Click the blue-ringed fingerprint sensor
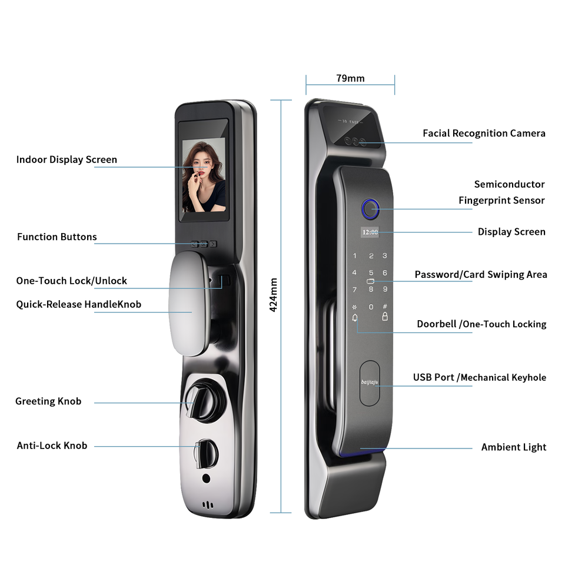pos(370,208)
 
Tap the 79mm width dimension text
pos(350,78)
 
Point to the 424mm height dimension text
pos(273,295)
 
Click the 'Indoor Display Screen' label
pos(67,159)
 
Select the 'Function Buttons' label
pos(56,237)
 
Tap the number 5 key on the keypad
pos(371,273)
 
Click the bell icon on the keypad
pos(354,318)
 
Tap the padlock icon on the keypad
pos(385,317)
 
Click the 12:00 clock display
pos(370,232)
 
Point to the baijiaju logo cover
pos(370,383)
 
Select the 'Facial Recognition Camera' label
pos(484,134)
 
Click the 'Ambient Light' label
pos(513,447)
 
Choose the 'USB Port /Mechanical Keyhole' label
pos(479,378)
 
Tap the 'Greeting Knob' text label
pos(48,401)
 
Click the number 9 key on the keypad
pos(385,289)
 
